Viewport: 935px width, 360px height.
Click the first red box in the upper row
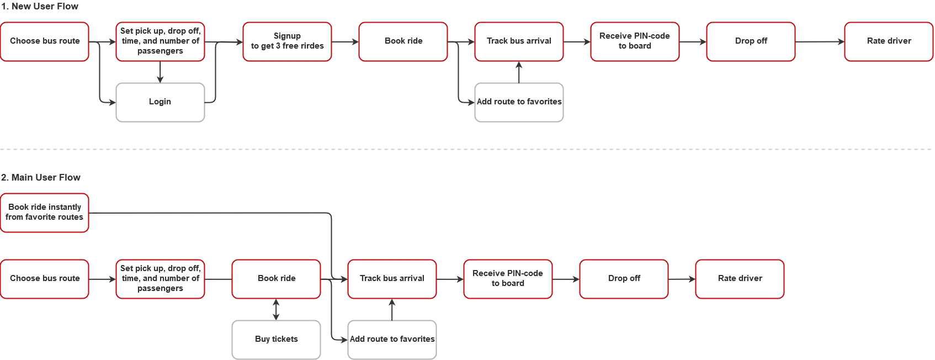point(45,41)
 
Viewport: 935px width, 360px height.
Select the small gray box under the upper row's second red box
point(161,102)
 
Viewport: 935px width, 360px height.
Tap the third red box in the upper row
point(287,41)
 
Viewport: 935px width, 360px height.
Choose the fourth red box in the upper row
point(403,41)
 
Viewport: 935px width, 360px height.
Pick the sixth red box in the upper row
point(634,41)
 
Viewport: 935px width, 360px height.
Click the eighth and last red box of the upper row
point(889,41)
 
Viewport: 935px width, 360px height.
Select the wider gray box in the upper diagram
point(519,102)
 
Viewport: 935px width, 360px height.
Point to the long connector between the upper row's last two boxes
point(820,41)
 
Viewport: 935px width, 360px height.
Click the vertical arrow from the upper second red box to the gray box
point(161,71)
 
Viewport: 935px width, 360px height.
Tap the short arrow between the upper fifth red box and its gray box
point(518,71)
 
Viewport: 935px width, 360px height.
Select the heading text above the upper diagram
point(39,8)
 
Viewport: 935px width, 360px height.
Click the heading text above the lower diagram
point(41,177)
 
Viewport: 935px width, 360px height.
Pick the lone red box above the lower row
point(45,213)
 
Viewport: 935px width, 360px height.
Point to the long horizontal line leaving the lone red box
point(210,214)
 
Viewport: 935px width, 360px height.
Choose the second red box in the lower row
point(161,279)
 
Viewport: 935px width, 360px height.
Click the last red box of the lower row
point(739,279)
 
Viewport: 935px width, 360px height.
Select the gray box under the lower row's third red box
point(275,340)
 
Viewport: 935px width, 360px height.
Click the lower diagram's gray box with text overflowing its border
point(391,340)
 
